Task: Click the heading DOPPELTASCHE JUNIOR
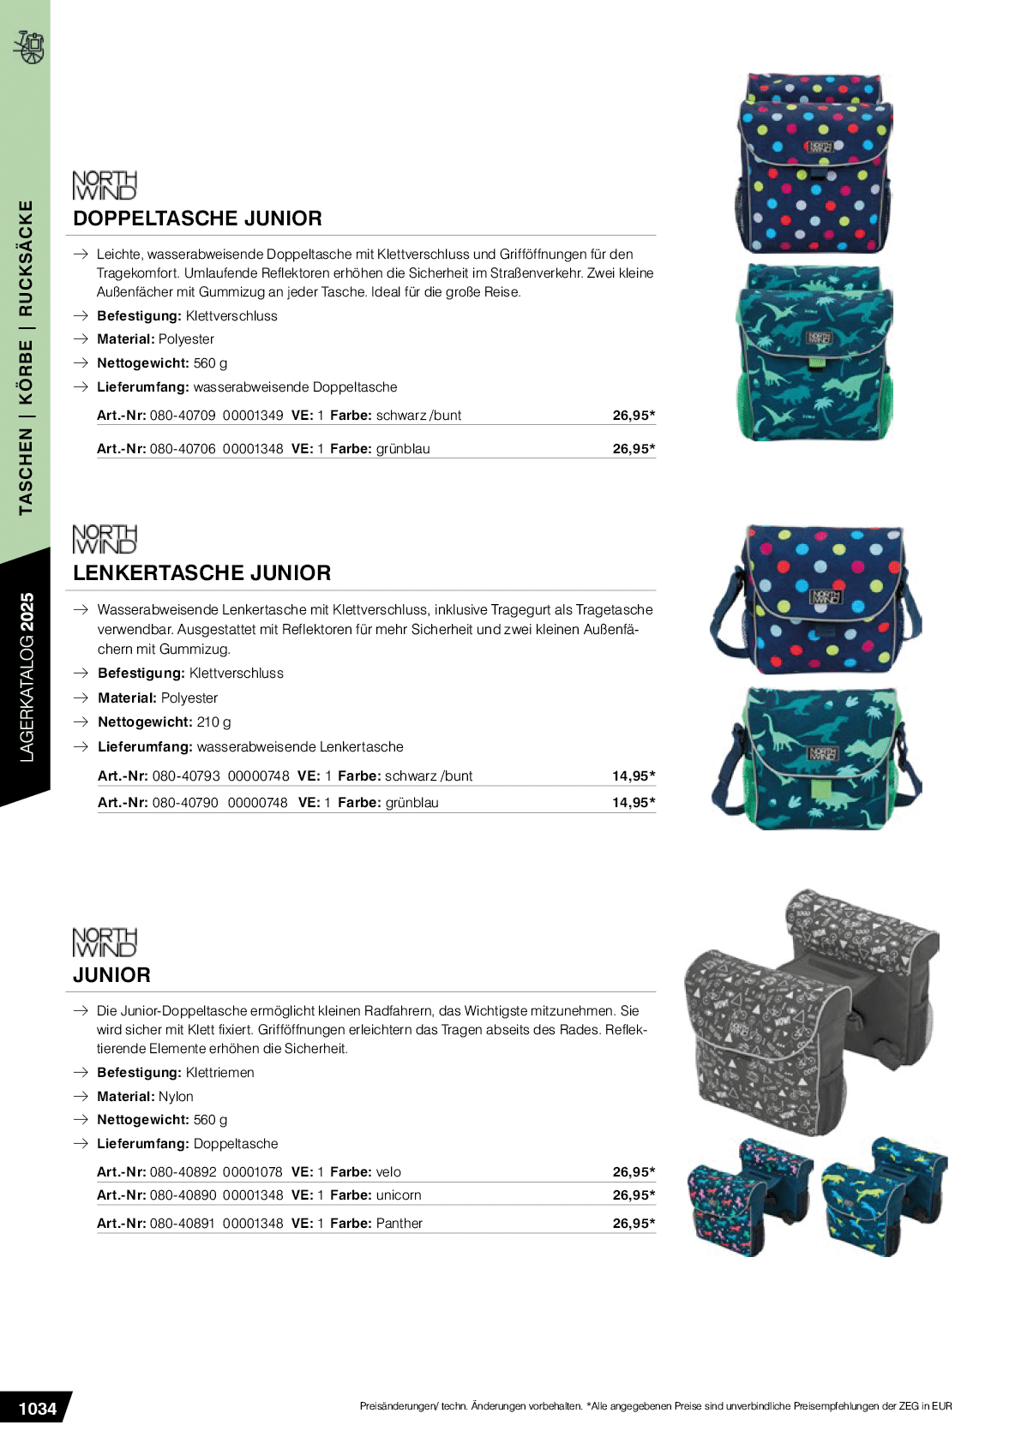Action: (197, 219)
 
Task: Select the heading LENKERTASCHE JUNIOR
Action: (201, 573)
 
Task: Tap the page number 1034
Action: (37, 1409)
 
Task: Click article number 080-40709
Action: (183, 416)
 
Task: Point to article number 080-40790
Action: (185, 803)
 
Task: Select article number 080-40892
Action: (183, 1172)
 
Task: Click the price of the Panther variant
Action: (634, 1224)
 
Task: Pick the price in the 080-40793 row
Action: (634, 776)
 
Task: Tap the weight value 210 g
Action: (213, 722)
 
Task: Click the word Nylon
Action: (176, 1097)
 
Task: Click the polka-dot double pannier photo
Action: (814, 165)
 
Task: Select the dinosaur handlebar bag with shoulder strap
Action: (815, 758)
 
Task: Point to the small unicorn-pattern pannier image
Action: (748, 1198)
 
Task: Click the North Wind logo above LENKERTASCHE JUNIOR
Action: (105, 539)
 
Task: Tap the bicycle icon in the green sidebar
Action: (29, 47)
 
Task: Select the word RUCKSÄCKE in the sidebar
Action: (27, 258)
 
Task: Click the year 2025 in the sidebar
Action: (27, 612)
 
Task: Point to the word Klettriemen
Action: (219, 1073)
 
